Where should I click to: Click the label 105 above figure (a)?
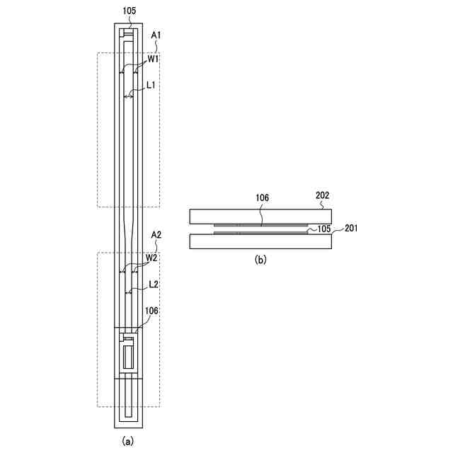[x=129, y=11]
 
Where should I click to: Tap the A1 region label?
[x=156, y=35]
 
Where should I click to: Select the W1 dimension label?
[x=153, y=59]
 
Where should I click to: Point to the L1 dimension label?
[x=151, y=85]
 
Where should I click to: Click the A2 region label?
[x=156, y=235]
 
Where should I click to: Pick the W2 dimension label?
[x=151, y=258]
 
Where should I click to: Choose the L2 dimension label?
[x=154, y=285]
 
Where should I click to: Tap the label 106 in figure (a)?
[x=151, y=311]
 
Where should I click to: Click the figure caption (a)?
[x=127, y=441]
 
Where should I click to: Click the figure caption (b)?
[x=260, y=260]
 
